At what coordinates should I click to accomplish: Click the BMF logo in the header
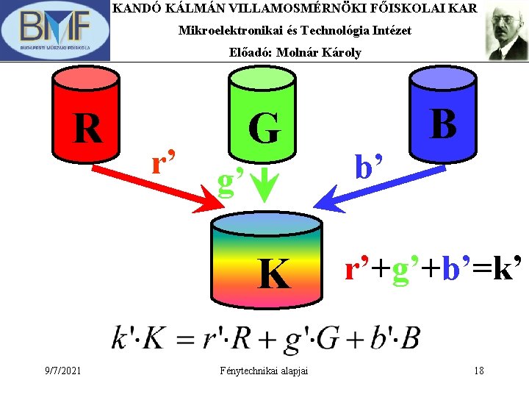tap(55, 30)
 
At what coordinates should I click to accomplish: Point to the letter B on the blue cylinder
tap(443, 124)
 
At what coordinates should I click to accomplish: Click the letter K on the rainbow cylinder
tap(273, 274)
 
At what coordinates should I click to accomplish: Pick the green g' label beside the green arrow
tap(231, 180)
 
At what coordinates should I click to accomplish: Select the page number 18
tap(478, 371)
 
